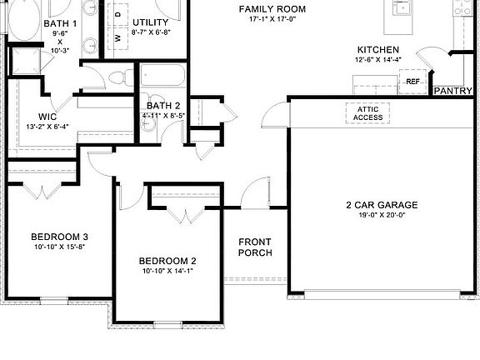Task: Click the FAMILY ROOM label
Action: tap(272, 9)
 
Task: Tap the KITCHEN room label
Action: tap(377, 51)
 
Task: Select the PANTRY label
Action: tap(453, 91)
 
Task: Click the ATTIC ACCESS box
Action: tap(367, 112)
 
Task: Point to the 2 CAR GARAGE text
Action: tap(382, 205)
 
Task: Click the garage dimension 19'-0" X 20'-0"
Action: tap(382, 216)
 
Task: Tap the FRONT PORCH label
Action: tap(255, 247)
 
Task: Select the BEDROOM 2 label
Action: tap(167, 261)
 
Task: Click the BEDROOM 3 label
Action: tap(60, 236)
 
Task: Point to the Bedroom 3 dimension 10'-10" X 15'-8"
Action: tap(60, 247)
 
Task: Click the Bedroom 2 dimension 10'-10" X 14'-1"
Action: tap(167, 271)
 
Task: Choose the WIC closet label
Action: tap(47, 117)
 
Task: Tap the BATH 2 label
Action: tap(163, 106)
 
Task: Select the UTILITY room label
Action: tap(151, 22)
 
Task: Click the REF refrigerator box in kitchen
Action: tap(413, 82)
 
